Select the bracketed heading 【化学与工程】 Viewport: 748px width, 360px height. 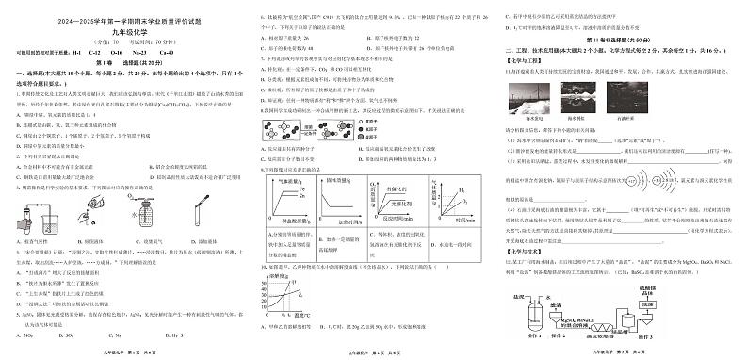[x=527, y=60]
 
